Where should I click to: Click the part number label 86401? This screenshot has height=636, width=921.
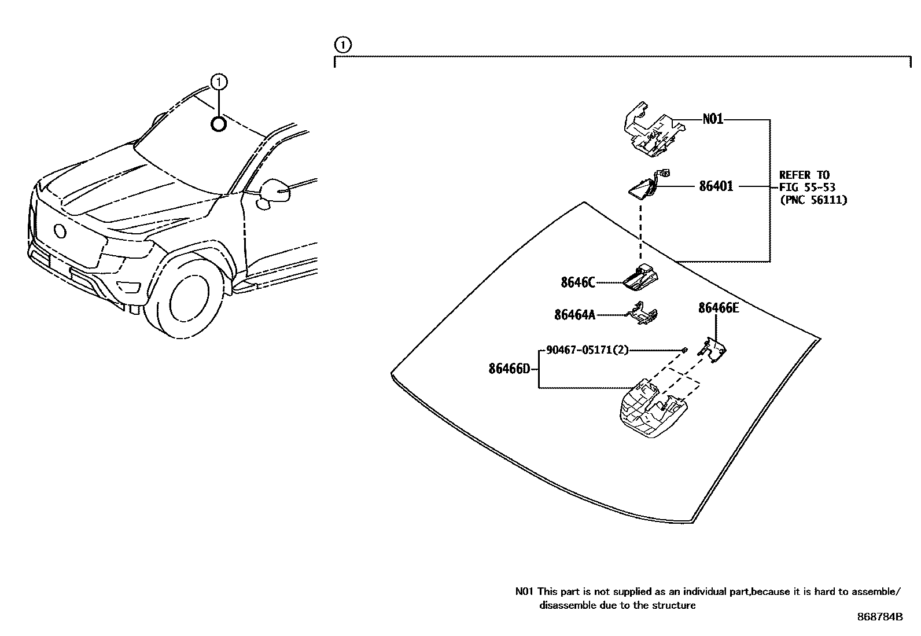pyautogui.click(x=716, y=186)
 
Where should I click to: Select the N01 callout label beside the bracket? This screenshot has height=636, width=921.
pyautogui.click(x=713, y=120)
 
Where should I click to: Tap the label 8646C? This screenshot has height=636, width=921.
pyautogui.click(x=577, y=282)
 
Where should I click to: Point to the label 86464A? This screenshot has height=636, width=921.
pyautogui.click(x=574, y=315)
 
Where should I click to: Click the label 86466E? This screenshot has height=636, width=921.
pyautogui.click(x=718, y=308)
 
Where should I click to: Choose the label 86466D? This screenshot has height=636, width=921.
pyautogui.click(x=509, y=369)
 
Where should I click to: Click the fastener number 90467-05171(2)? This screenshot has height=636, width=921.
pyautogui.click(x=587, y=350)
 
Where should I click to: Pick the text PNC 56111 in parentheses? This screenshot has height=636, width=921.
pyautogui.click(x=813, y=200)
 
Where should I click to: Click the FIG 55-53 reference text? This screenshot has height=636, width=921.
pyautogui.click(x=807, y=188)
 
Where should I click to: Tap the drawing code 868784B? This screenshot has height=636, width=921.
pyautogui.click(x=879, y=617)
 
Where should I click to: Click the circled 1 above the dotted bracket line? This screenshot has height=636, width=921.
pyautogui.click(x=342, y=45)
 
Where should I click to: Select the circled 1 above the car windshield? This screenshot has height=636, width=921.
pyautogui.click(x=218, y=82)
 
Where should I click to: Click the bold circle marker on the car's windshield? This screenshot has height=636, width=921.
pyautogui.click(x=218, y=124)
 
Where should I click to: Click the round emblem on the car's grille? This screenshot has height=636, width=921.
pyautogui.click(x=60, y=231)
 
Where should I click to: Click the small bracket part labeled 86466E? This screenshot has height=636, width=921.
pyautogui.click(x=714, y=351)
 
